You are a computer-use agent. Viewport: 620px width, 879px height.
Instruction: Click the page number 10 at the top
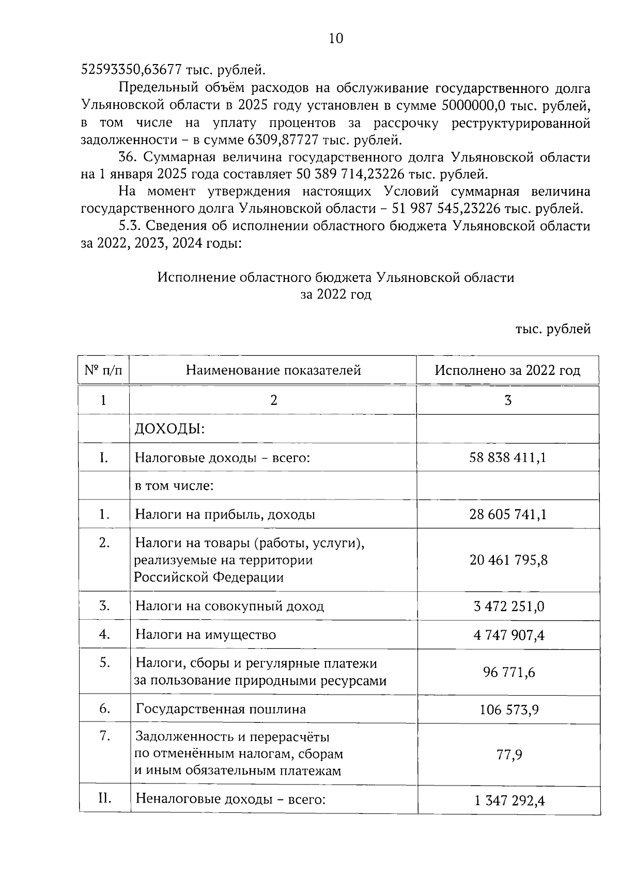coord(335,39)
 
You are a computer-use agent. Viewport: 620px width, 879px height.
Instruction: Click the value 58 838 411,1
coord(508,458)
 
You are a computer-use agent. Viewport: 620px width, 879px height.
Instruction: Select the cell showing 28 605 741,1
coord(508,514)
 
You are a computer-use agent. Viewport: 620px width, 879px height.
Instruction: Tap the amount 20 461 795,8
coord(508,560)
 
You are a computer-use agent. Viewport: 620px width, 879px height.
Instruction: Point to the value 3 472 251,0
coord(508,606)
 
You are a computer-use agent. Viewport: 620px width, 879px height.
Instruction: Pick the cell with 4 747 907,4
coord(508,634)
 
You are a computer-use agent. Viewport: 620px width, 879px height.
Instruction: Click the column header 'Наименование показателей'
coord(273,370)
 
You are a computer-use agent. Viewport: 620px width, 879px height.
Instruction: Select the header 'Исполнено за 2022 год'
coord(507,370)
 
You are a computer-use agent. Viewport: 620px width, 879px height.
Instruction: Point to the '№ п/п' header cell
coord(103,370)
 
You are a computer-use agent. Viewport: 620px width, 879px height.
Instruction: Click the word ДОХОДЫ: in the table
coord(169,429)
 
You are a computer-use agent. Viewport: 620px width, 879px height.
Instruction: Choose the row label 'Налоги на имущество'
coord(206,634)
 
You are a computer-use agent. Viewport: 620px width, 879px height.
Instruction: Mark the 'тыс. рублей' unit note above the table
coord(552,329)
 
